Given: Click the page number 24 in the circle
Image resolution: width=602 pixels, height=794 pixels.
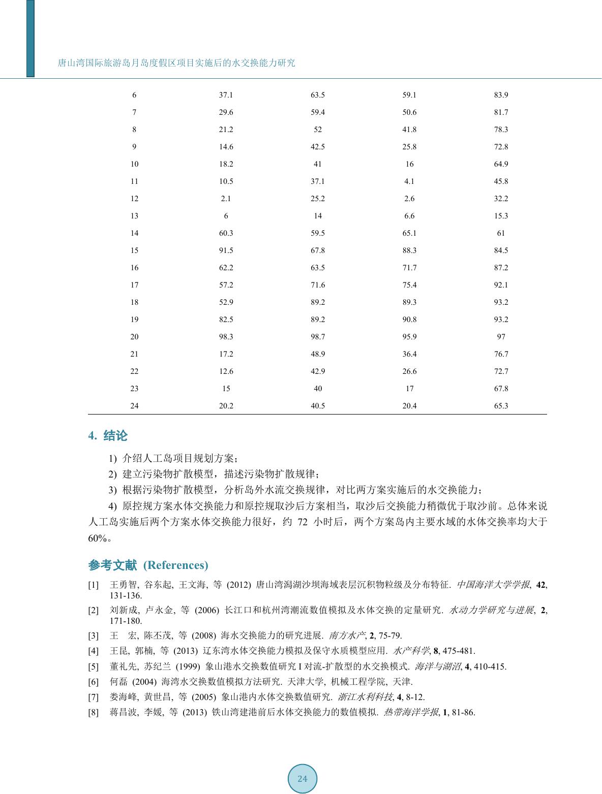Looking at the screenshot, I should pyautogui.click(x=303, y=779).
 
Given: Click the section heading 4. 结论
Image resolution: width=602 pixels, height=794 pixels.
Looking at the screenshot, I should pyautogui.click(x=108, y=436).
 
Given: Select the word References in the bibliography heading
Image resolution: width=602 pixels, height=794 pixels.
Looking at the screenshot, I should pyautogui.click(x=175, y=565).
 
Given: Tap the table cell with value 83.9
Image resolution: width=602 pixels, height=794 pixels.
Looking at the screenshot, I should pyautogui.click(x=501, y=95).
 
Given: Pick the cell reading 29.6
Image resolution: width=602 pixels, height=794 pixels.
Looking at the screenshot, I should pyautogui.click(x=226, y=112).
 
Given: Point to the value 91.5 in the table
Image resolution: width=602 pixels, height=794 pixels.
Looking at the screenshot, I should pyautogui.click(x=226, y=250).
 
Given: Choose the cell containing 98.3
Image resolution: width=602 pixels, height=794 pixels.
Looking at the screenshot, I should pyautogui.click(x=226, y=337).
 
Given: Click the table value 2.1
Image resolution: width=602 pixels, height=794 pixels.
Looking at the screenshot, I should pyautogui.click(x=226, y=199).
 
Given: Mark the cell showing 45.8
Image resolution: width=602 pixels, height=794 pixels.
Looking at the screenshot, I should pyautogui.click(x=501, y=181).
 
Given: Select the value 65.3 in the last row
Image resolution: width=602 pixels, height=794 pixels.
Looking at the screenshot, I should pyautogui.click(x=501, y=406).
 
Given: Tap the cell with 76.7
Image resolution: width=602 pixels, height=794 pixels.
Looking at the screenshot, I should pyautogui.click(x=501, y=354).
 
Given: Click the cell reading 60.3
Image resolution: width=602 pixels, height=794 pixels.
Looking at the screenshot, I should pyautogui.click(x=226, y=233).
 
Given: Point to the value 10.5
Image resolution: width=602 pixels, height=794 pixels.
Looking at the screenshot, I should pyautogui.click(x=226, y=181).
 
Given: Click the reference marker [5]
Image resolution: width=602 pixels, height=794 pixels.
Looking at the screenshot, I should pyautogui.click(x=94, y=666).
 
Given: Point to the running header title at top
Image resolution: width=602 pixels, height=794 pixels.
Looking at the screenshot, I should pyautogui.click(x=176, y=63).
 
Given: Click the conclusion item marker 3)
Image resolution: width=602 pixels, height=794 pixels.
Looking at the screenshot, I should pyautogui.click(x=113, y=490).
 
